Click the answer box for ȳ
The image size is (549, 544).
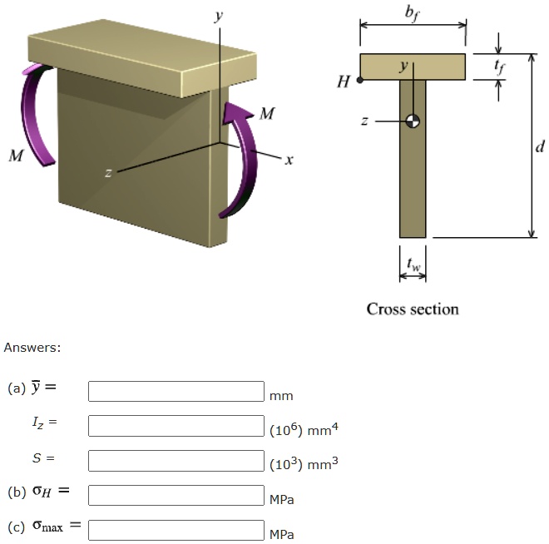[176, 391]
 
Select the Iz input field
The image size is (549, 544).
[176, 426]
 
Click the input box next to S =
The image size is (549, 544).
[176, 460]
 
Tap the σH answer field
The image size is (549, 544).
[176, 495]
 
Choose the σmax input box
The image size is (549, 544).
[176, 530]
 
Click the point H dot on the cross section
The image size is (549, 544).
[359, 81]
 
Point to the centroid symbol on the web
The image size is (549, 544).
[413, 121]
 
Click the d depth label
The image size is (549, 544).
[540, 147]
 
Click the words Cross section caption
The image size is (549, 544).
[413, 309]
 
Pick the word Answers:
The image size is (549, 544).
[32, 347]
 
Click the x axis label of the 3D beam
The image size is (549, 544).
[288, 160]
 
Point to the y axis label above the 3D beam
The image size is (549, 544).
[219, 16]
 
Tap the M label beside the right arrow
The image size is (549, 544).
[266, 114]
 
